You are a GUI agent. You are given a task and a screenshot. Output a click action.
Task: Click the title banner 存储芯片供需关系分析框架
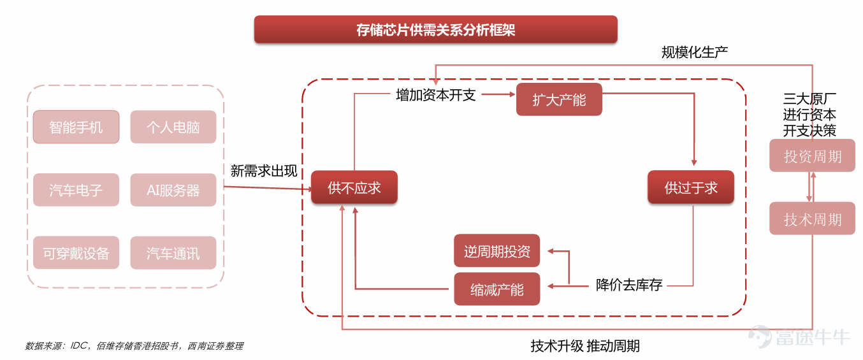pos(436,29)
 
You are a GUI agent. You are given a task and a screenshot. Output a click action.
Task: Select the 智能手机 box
pos(76,127)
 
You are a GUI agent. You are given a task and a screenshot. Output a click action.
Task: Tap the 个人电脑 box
pos(173,127)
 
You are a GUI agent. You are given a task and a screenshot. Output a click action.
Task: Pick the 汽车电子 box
pos(76,190)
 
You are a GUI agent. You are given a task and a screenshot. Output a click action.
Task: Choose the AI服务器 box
pos(173,190)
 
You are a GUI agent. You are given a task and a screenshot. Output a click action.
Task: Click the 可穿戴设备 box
pos(76,252)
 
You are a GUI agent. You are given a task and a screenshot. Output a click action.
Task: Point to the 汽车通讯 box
pos(173,252)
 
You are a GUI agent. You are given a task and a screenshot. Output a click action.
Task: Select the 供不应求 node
pos(354,187)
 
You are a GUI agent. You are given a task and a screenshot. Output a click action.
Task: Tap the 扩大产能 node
pos(559,99)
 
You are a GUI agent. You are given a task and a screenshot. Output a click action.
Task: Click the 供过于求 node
pos(691,187)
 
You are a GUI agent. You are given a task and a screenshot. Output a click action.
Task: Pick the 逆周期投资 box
pos(497,250)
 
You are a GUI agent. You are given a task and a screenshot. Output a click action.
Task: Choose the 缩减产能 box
pos(497,289)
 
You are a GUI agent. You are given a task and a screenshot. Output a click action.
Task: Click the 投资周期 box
pos(812,155)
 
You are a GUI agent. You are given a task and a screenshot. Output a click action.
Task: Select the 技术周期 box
pos(812,219)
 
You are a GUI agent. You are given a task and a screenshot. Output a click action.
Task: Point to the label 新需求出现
pos(264,171)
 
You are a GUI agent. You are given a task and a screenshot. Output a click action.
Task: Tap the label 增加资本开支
pos(436,95)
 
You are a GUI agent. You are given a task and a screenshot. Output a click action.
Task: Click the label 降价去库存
pos(629,285)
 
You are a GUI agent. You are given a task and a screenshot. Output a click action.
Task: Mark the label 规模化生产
pos(695,52)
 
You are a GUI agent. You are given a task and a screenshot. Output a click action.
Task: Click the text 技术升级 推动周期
pos(585,346)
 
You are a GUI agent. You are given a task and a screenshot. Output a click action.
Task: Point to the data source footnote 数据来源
pos(134,346)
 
